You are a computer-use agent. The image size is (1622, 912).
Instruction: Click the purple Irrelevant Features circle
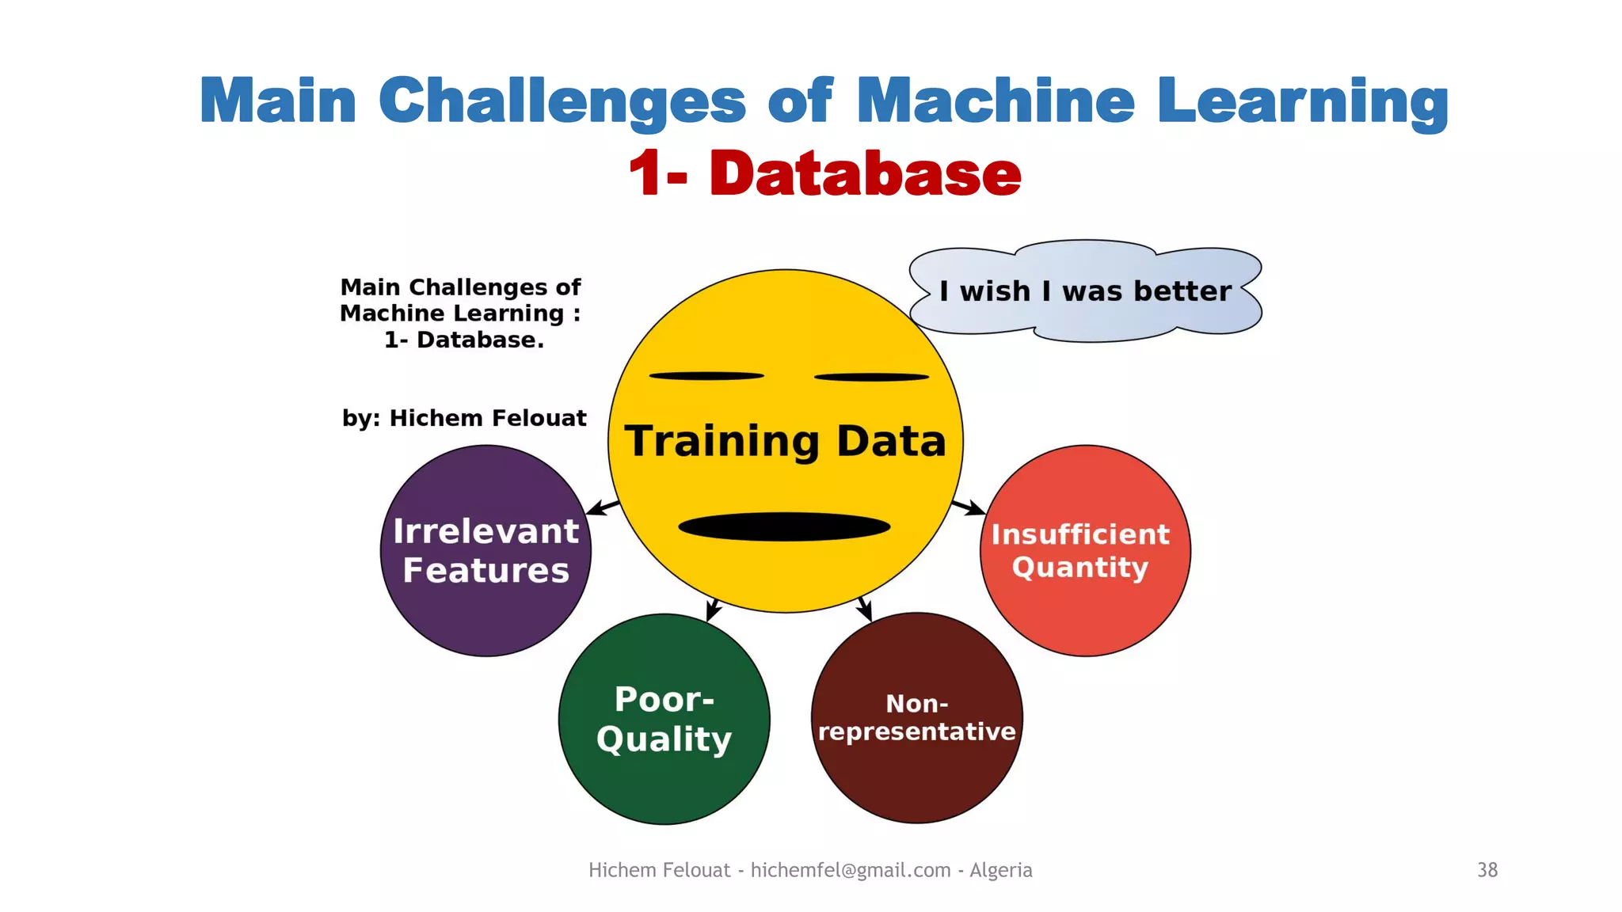[485, 551]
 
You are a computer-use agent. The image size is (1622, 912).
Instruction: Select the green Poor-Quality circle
[664, 719]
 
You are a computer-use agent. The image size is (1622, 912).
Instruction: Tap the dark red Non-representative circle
[916, 718]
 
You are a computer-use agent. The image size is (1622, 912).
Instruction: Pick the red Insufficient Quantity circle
[1085, 551]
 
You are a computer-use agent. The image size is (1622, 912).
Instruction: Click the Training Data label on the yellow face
[785, 441]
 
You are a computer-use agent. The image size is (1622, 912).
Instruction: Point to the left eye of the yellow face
[706, 376]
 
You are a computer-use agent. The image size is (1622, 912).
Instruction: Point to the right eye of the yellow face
[871, 377]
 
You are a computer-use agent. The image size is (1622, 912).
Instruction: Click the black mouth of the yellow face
[784, 526]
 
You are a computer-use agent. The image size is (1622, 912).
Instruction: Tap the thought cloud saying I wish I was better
[1085, 291]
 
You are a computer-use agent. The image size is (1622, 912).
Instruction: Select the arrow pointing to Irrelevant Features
[603, 507]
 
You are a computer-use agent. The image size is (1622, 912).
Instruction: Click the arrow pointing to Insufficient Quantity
[968, 507]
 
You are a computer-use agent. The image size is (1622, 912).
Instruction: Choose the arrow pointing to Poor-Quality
[714, 609]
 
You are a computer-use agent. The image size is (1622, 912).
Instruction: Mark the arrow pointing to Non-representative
[865, 608]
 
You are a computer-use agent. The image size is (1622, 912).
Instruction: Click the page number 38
[1487, 870]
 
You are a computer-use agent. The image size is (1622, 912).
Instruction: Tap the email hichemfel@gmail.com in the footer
[851, 870]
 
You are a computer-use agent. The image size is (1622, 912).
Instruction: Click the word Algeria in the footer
[1001, 870]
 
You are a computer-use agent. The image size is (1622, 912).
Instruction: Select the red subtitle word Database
[865, 173]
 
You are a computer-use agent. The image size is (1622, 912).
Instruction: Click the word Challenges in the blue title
[562, 101]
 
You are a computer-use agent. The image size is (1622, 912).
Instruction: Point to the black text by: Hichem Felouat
[464, 418]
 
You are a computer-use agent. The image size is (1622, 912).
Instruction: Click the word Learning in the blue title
[1303, 101]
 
